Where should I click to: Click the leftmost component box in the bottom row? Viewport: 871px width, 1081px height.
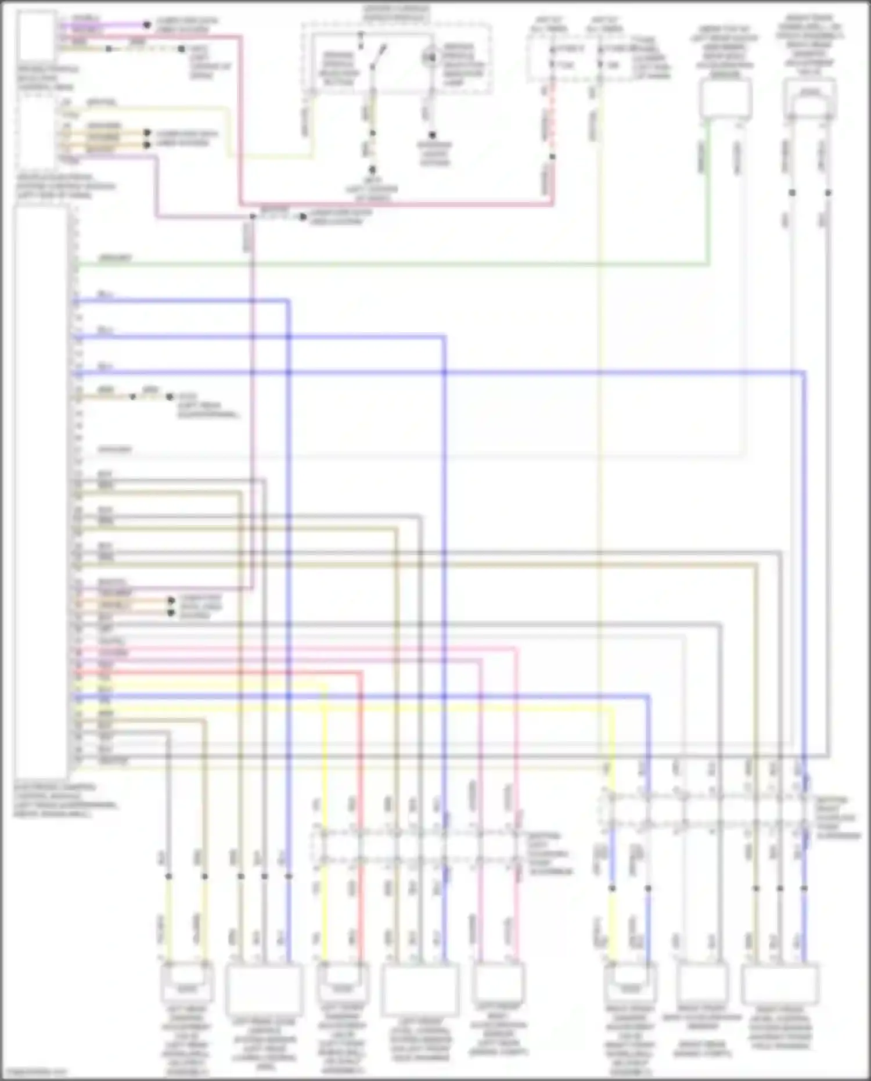tap(186, 982)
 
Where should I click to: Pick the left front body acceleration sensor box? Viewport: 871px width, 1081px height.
tap(498, 982)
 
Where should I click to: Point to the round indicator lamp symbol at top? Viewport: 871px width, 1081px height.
tap(430, 57)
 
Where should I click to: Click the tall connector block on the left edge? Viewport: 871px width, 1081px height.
tap(41, 488)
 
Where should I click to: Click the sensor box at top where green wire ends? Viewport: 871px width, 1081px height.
tap(725, 99)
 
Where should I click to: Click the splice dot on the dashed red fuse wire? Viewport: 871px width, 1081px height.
tap(552, 157)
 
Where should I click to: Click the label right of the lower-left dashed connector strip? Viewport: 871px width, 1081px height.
tap(549, 854)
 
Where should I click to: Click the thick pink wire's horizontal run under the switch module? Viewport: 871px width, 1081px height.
tap(395, 204)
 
